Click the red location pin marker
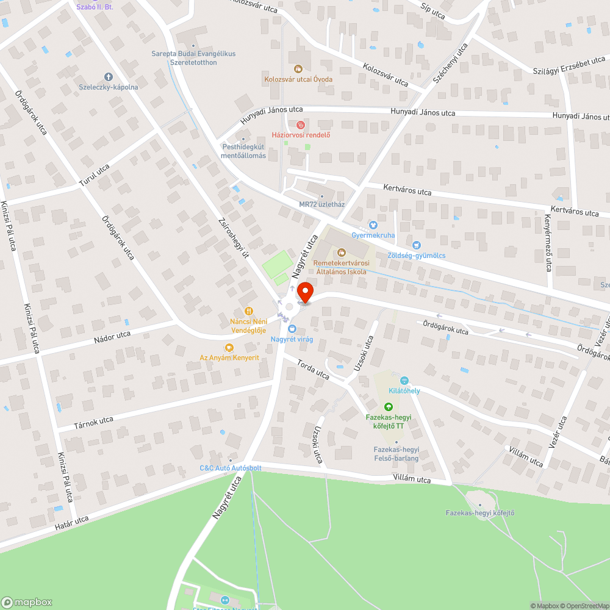click(304, 292)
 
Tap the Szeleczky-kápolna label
click(109, 87)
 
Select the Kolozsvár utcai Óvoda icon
click(298, 68)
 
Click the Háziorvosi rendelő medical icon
click(300, 124)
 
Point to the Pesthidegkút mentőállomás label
click(243, 151)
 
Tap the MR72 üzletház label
click(322, 204)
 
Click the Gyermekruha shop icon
click(373, 225)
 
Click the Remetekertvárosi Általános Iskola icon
click(340, 252)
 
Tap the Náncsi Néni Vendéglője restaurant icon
click(248, 311)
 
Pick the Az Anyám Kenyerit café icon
click(229, 348)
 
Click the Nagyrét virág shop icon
click(292, 329)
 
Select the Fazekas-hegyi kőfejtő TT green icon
click(388, 407)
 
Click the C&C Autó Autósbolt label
click(231, 468)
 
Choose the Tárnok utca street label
click(93, 423)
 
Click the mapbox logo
click(27, 602)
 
